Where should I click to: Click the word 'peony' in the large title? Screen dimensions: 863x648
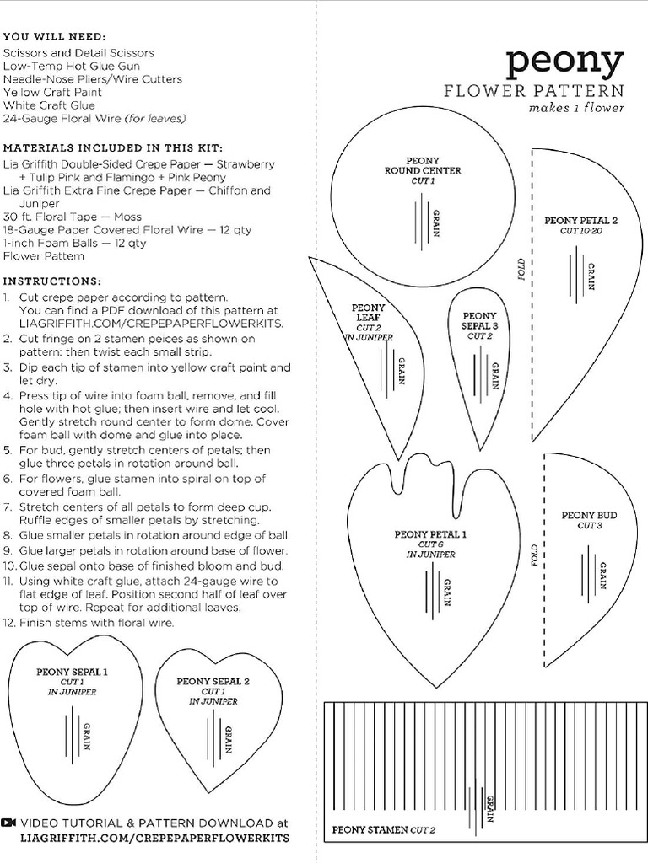tap(564, 65)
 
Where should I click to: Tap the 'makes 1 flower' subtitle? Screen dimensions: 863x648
tap(576, 108)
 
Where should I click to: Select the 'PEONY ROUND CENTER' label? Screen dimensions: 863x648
tap(422, 165)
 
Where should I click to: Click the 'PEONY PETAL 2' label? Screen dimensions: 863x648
tap(580, 221)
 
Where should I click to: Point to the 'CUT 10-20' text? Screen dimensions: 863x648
tap(580, 231)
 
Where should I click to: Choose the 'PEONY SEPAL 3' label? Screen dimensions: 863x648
tap(479, 320)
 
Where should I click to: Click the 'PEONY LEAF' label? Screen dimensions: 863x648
tap(369, 313)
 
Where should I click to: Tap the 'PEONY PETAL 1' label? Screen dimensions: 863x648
tap(430, 534)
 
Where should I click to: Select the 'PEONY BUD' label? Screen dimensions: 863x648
tap(589, 515)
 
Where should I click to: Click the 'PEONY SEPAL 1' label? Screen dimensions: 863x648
tap(72, 672)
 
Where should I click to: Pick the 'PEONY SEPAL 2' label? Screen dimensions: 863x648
tap(213, 681)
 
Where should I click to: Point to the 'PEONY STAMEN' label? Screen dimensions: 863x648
tap(370, 830)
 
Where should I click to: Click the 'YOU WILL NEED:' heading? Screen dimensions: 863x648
tap(55, 37)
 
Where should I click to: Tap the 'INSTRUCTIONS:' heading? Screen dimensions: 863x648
tap(52, 281)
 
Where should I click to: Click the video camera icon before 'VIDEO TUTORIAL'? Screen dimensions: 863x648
tap(9, 823)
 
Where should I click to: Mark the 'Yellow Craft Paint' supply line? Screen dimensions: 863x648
tap(52, 92)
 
